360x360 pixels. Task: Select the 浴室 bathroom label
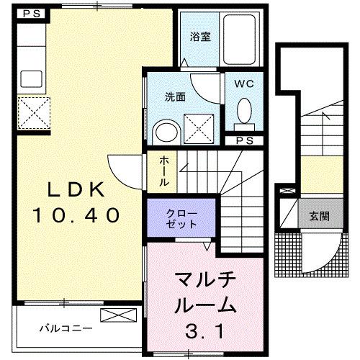click(200, 37)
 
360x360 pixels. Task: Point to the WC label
click(246, 84)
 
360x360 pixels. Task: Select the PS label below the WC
click(245, 140)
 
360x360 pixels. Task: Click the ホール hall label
click(163, 171)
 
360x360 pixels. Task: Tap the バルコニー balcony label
click(65, 328)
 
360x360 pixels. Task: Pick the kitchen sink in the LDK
click(32, 78)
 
